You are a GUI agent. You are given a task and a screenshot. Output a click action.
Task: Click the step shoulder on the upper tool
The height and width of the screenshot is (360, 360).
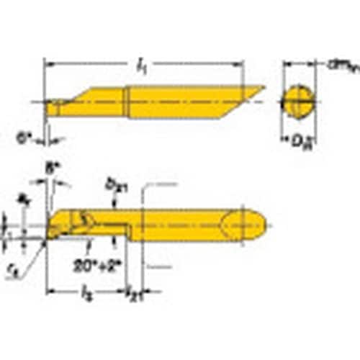tap(129, 102)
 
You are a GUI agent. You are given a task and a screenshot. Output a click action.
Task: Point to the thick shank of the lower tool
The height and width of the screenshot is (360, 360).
tap(187, 225)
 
